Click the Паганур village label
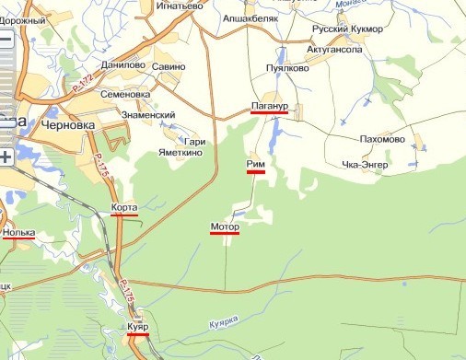(x=269, y=107)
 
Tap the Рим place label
(x=256, y=164)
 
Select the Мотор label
(x=225, y=226)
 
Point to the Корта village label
(x=123, y=208)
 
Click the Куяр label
(x=138, y=328)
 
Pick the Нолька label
(x=18, y=232)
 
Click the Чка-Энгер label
(x=366, y=165)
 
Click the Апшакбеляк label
(x=252, y=17)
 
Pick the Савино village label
(x=169, y=66)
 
